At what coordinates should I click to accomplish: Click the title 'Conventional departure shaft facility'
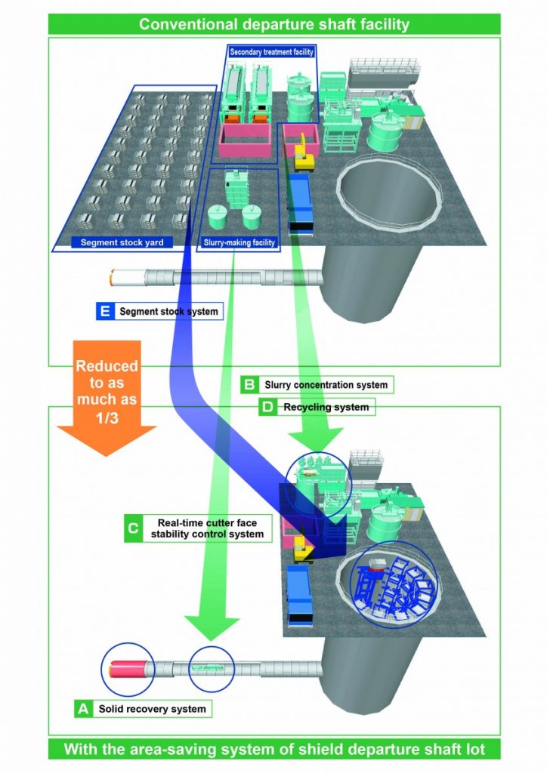click(273, 24)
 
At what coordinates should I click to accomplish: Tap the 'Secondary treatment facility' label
click(271, 51)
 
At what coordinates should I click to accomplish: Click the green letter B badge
click(249, 385)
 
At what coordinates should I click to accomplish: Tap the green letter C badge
click(133, 528)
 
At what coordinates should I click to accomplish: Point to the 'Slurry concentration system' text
click(326, 385)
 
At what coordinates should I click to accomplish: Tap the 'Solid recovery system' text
click(151, 709)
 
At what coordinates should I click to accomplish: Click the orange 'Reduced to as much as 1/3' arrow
click(106, 396)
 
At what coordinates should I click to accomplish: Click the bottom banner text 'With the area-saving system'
click(273, 750)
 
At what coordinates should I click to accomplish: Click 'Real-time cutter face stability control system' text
click(211, 528)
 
